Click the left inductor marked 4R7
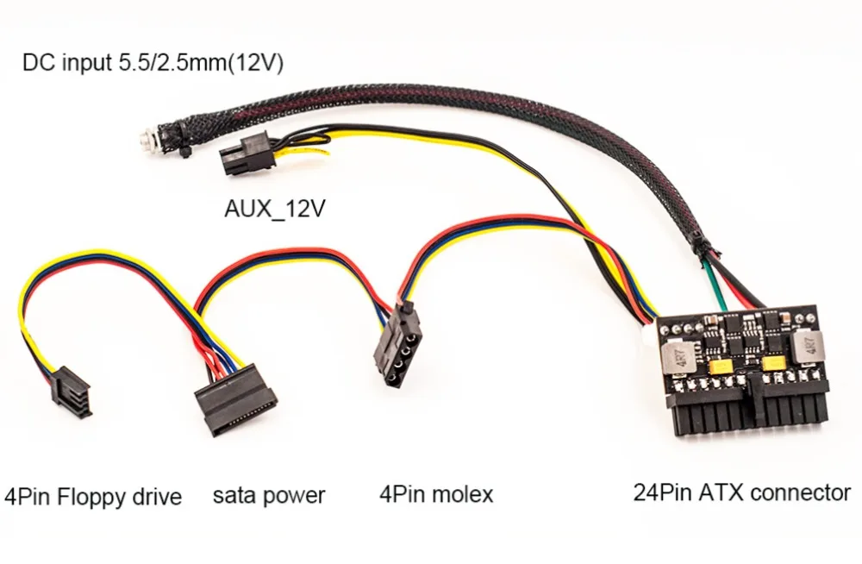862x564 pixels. coord(678,350)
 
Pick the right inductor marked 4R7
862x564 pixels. coord(809,348)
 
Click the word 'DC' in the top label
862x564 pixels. coord(36,65)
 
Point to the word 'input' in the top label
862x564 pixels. coord(82,66)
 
